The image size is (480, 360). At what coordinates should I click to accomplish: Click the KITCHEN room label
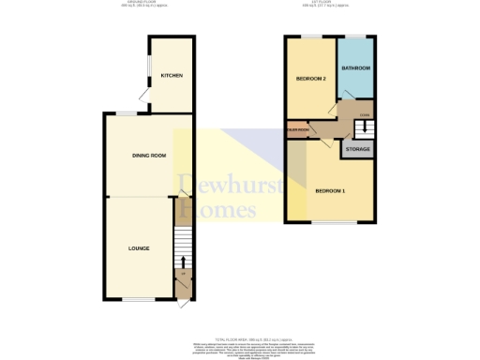171,75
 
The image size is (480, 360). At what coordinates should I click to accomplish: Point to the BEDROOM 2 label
310,79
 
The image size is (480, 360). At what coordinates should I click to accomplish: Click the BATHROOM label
356,68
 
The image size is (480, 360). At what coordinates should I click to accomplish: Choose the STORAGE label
357,149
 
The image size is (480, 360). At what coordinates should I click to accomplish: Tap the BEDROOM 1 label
330,191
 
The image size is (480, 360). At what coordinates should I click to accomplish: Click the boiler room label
298,130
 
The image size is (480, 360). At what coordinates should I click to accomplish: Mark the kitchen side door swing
142,94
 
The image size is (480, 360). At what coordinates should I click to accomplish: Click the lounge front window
138,300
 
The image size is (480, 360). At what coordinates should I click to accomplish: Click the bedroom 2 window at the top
308,36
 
